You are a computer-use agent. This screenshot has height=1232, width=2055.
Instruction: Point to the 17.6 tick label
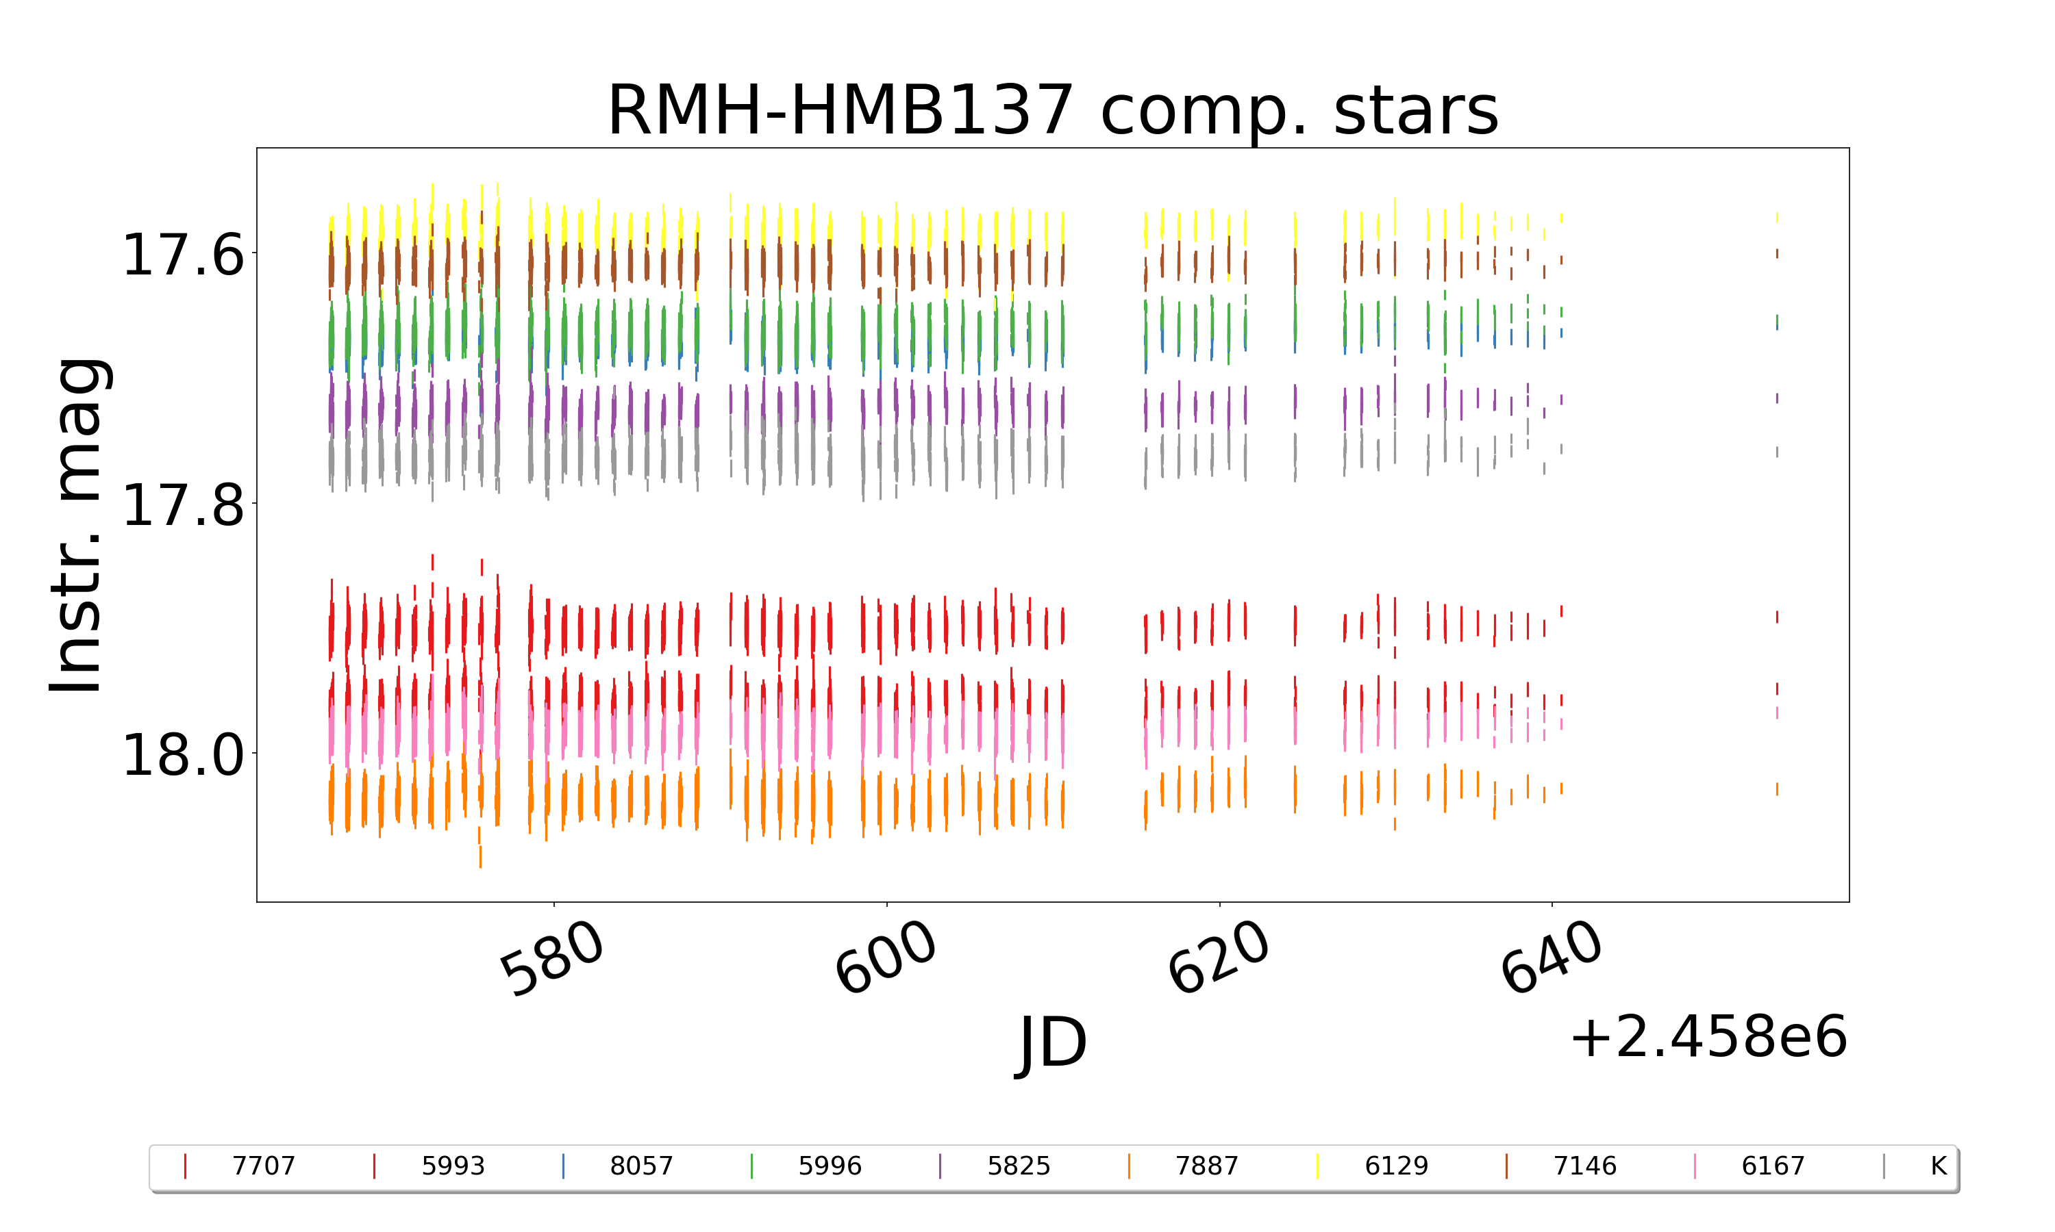184,255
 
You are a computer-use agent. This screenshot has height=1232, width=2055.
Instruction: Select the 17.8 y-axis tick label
184,504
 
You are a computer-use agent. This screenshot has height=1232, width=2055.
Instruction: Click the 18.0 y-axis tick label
184,756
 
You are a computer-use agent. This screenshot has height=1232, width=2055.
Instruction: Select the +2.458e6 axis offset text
1708,1037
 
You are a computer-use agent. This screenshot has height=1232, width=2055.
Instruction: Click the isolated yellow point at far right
1777,218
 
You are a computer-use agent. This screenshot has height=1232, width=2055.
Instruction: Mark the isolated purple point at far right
1777,398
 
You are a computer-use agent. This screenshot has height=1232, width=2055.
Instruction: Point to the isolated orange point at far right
1777,788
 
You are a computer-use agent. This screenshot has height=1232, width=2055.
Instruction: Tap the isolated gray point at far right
1777,452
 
